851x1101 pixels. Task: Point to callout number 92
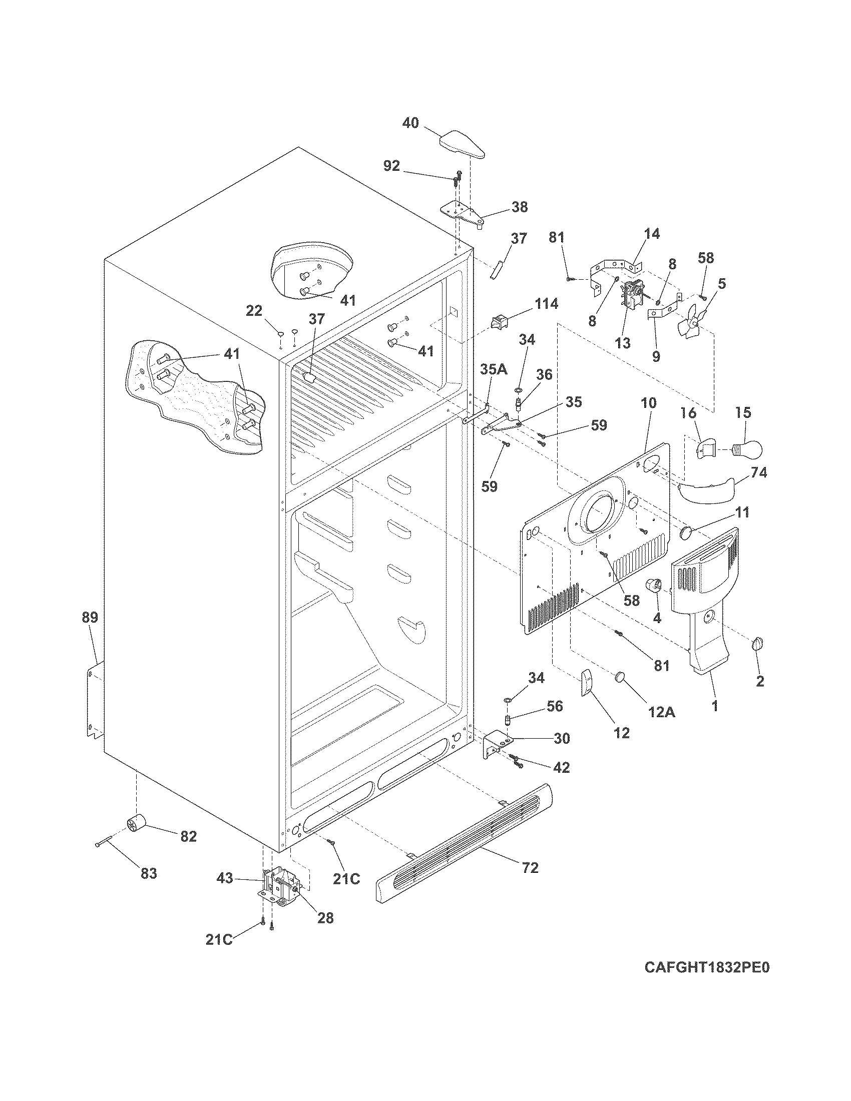pos(391,166)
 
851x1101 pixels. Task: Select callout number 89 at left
pos(91,617)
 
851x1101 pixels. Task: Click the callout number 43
pos(225,878)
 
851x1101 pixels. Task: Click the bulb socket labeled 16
pos(706,446)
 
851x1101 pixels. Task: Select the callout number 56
pos(555,706)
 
